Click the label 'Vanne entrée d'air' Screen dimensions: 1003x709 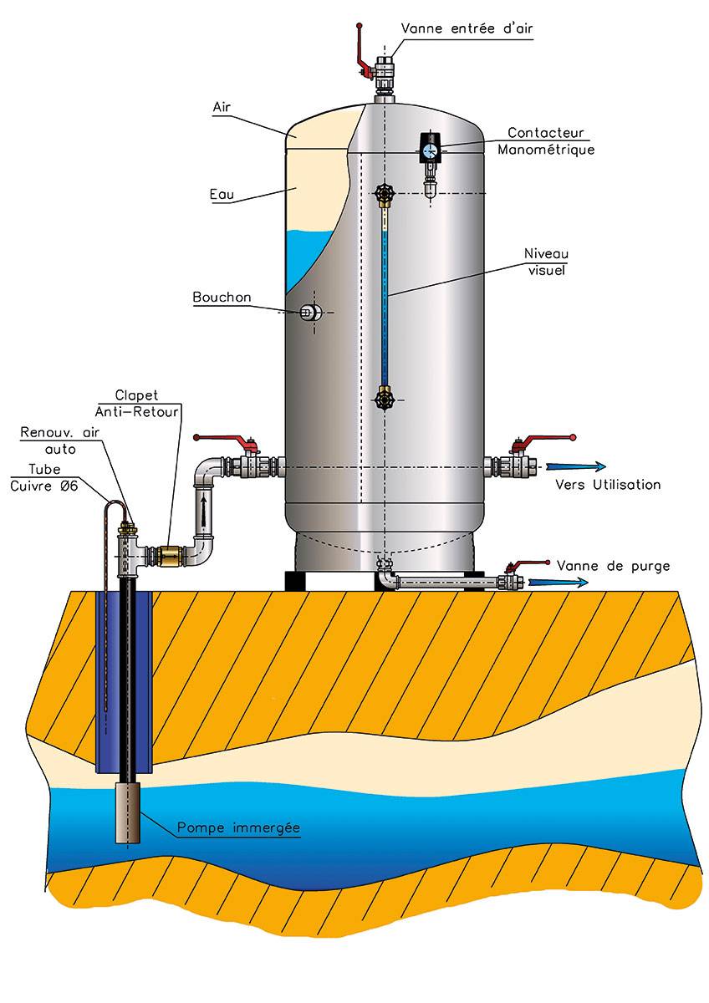click(466, 28)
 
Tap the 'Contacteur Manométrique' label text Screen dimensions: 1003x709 click(546, 141)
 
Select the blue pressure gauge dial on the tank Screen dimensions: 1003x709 click(430, 150)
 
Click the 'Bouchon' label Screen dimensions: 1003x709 click(221, 297)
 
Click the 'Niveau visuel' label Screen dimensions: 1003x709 click(545, 261)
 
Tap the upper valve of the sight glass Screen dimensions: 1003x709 click(384, 195)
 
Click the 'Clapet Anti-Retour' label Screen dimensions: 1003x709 click(150, 402)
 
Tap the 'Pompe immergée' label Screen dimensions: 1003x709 click(238, 827)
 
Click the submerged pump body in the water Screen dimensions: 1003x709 click(128, 812)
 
